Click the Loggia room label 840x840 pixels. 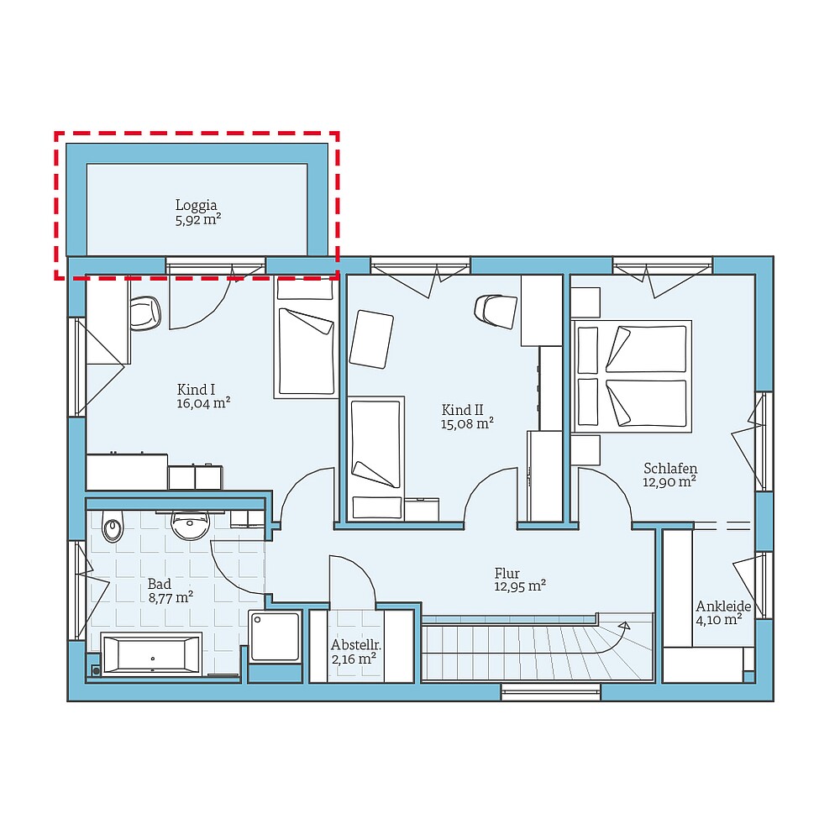coord(196,205)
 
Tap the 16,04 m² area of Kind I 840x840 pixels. coord(203,403)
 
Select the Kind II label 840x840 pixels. coord(462,410)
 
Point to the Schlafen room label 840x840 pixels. coord(670,468)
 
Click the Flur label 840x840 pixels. coord(507,573)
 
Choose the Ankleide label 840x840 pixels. coord(723,606)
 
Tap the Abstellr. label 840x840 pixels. coord(356,644)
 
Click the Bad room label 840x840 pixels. coord(160,584)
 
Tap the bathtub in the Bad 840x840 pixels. coord(151,654)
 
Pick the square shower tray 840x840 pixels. coord(275,637)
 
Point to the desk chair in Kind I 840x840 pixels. coord(145,312)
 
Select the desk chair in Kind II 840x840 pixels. coord(496,311)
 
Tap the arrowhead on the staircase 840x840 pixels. coord(624,625)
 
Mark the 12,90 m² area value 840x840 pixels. coord(669,481)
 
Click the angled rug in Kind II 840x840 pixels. coord(371,339)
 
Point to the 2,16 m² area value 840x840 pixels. coord(354,659)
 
